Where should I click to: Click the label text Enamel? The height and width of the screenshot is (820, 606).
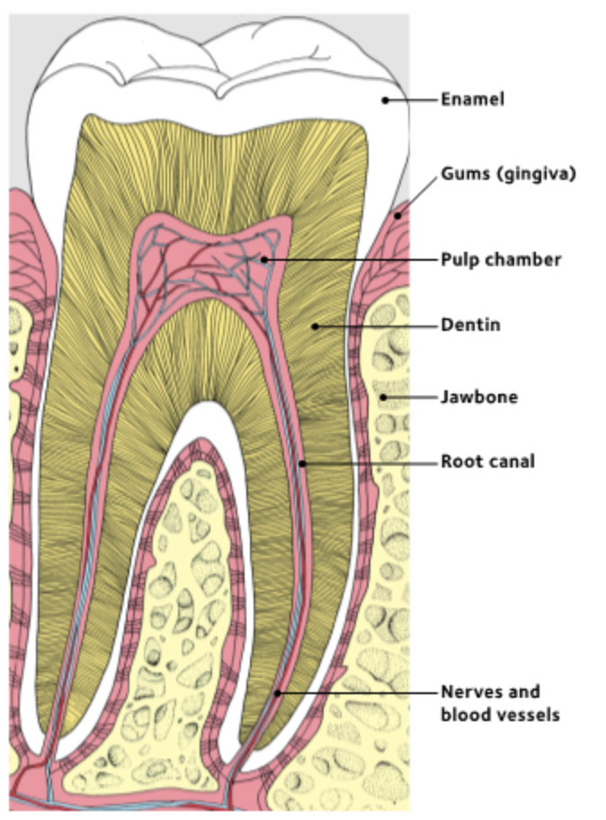pos(471,100)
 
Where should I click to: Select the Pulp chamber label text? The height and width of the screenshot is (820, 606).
pos(500,260)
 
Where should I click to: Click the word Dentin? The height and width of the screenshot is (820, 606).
pos(469,325)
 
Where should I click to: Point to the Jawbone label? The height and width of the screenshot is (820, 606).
pos(478,397)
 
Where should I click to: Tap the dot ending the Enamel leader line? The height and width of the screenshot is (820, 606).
pos(385,100)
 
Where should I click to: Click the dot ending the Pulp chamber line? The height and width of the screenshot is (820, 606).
pos(265,260)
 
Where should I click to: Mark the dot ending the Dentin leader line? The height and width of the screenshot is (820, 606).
pos(314,325)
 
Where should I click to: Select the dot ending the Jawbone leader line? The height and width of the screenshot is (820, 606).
pos(382,397)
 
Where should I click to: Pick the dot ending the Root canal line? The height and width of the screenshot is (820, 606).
pos(303,463)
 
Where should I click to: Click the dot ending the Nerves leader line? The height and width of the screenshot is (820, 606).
pos(278,692)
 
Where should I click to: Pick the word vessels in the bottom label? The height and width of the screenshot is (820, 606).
pos(530,716)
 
